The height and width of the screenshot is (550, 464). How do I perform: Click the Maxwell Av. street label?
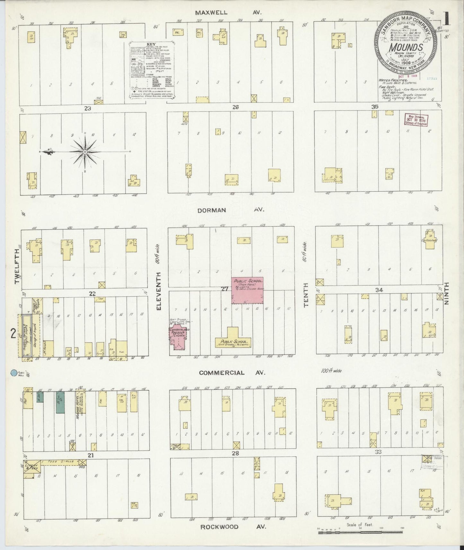coord(229,13)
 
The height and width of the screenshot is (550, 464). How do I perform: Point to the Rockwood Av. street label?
coord(233,527)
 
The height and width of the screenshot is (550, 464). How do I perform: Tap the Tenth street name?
coord(306,295)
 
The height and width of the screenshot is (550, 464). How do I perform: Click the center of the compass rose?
coord(85,151)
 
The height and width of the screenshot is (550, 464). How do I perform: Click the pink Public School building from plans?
coord(248,290)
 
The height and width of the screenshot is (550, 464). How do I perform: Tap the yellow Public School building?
coord(233,341)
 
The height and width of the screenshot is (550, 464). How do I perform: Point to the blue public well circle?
coord(13,373)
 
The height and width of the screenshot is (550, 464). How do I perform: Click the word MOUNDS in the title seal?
coord(406,47)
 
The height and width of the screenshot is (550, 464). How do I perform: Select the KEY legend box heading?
coord(151,44)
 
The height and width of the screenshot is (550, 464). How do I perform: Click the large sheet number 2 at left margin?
coord(13,334)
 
